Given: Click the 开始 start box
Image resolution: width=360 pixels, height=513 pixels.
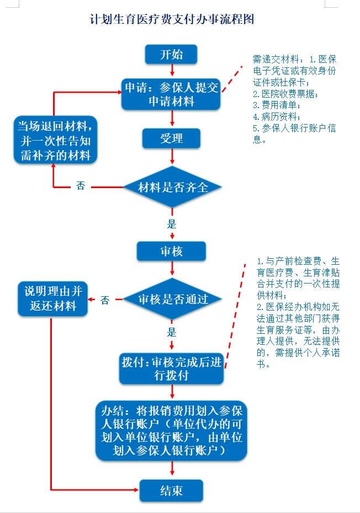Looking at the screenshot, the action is (x=171, y=54).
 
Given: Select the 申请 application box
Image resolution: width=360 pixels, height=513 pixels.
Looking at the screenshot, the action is (x=171, y=94).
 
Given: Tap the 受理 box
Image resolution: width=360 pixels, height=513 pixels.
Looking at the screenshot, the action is (x=171, y=138).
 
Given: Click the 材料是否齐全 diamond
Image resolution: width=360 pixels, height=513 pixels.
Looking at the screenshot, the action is (x=172, y=187).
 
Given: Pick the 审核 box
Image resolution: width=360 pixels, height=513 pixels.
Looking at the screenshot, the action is (x=171, y=252).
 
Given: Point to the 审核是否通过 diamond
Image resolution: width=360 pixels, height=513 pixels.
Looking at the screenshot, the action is (x=172, y=299).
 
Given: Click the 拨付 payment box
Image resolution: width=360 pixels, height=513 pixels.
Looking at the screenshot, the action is (x=171, y=368).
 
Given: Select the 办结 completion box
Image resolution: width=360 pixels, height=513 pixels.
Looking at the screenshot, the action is (x=171, y=431).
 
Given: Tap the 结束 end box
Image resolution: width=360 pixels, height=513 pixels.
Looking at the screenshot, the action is (x=171, y=490).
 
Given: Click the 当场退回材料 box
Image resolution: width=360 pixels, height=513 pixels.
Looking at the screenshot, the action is (x=55, y=140).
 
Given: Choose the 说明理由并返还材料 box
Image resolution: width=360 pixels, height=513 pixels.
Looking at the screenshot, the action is (x=53, y=299).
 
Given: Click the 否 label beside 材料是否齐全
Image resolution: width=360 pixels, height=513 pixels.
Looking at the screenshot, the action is (x=81, y=186).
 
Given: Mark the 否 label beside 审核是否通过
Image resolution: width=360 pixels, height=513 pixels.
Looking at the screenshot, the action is (x=105, y=300).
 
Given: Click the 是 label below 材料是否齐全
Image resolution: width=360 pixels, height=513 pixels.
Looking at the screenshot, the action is (x=172, y=224).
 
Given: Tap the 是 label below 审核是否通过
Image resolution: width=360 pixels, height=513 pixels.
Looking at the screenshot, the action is (x=172, y=332).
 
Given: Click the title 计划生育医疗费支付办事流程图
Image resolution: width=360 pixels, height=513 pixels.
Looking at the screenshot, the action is (x=172, y=19).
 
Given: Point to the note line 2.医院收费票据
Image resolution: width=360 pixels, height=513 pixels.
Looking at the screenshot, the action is (x=285, y=94).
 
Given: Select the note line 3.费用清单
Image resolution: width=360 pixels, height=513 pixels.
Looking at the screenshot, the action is (x=277, y=105).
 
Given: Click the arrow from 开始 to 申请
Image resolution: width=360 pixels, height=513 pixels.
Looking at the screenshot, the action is (x=172, y=70).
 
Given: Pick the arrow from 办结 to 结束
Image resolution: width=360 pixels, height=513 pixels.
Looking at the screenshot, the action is (x=172, y=468).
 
